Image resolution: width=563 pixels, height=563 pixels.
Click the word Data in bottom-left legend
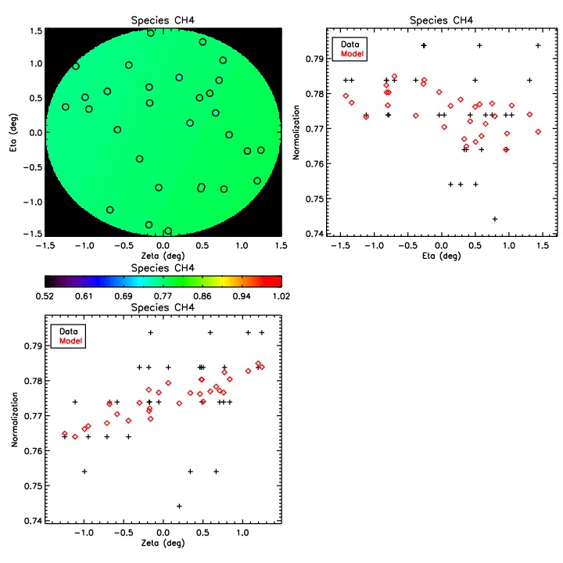68,330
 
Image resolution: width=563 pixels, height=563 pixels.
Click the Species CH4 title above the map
163,20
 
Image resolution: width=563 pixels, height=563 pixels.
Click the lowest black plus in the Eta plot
495,219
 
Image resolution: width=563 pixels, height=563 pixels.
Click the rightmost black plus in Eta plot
538,45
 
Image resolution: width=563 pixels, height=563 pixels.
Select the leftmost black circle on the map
66,107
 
